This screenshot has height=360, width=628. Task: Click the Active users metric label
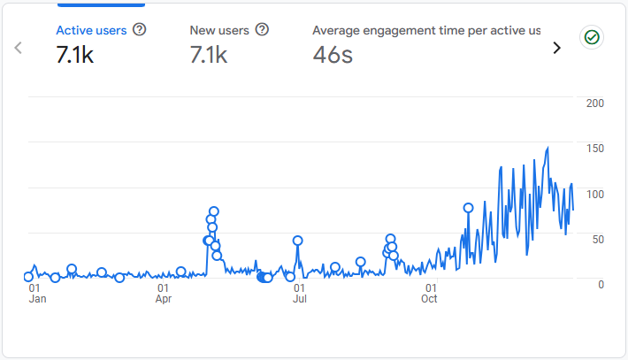click(x=91, y=30)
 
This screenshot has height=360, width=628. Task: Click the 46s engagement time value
click(x=333, y=55)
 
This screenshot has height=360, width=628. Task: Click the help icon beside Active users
click(x=139, y=29)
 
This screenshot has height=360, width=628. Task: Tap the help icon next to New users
click(x=262, y=29)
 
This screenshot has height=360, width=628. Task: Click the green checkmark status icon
click(x=591, y=37)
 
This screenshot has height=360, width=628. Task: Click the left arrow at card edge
click(x=18, y=48)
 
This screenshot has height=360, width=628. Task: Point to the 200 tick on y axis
click(x=595, y=103)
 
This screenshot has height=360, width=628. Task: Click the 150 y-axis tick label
click(x=595, y=149)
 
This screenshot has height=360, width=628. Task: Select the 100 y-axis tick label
click(x=595, y=194)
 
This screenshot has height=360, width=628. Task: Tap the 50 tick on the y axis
click(x=598, y=239)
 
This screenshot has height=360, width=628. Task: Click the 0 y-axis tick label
click(x=601, y=284)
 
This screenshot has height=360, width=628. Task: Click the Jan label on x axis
click(x=37, y=299)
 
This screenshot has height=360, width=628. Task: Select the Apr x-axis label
click(x=164, y=299)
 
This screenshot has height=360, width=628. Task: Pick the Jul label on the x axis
click(x=300, y=299)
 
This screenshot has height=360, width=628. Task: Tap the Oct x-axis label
click(x=430, y=299)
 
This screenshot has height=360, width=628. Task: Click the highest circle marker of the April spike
click(x=213, y=211)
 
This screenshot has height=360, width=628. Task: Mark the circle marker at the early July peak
click(x=298, y=241)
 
